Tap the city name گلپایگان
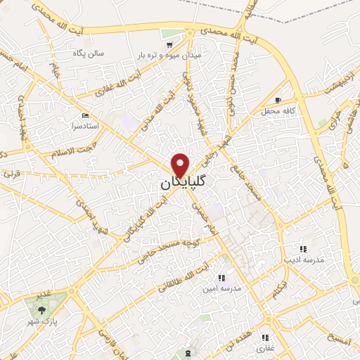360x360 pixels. [179, 183]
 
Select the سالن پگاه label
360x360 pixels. [89, 53]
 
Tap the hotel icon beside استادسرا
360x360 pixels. [86, 115]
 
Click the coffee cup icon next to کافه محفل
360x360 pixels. [278, 100]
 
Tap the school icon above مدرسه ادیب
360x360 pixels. [303, 249]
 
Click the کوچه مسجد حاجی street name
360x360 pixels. [169, 244]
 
